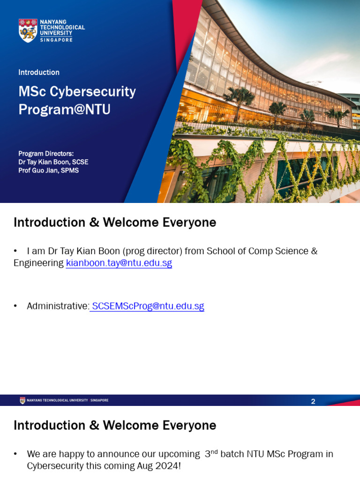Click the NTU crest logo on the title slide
[x=28, y=30]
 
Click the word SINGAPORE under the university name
[x=56, y=40]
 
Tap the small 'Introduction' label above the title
[x=39, y=72]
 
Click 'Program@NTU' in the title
[x=64, y=109]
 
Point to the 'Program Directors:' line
[x=46, y=153]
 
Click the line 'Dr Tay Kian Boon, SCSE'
[x=53, y=162]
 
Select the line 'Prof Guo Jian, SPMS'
[x=48, y=170]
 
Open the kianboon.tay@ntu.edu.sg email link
[x=119, y=263]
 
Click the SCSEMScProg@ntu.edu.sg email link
[x=148, y=306]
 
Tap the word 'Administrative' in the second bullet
[x=57, y=306]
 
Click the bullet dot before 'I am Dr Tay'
[x=15, y=251]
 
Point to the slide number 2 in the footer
[x=313, y=401]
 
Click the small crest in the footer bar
[x=22, y=400]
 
